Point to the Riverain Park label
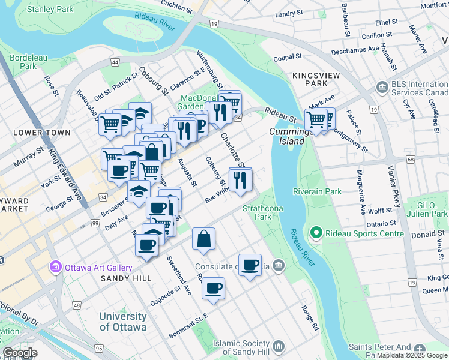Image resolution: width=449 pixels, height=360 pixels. (x=317, y=191)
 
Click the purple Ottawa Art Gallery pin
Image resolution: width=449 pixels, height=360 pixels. (x=56, y=266)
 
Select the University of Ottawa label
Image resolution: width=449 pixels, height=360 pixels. (x=123, y=322)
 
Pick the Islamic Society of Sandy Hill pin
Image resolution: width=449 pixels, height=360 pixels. (x=278, y=346)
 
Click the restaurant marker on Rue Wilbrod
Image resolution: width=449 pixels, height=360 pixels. (x=240, y=179)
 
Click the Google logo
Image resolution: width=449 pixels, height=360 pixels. (x=20, y=353)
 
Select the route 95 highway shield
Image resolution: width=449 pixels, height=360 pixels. (x=98, y=348)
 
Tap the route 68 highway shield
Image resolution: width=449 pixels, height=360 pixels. (x=411, y=160)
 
